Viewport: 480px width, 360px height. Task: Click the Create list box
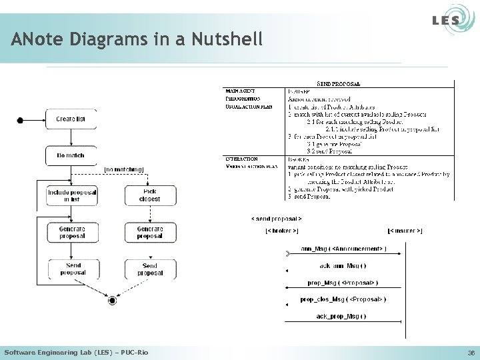click(71, 119)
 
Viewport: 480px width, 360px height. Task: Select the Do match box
click(71, 155)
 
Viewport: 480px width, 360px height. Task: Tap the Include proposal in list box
click(71, 195)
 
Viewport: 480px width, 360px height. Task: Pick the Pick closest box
click(149, 195)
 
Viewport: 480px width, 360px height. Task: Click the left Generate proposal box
click(71, 232)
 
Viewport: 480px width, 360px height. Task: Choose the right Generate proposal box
click(149, 232)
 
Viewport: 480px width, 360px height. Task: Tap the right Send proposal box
click(149, 269)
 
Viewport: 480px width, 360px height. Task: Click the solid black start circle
click(20, 120)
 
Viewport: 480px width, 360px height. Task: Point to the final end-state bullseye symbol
click(112, 301)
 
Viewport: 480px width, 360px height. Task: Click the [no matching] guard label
click(124, 169)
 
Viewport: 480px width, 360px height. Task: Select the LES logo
click(445, 21)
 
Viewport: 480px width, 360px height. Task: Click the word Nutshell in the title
click(227, 39)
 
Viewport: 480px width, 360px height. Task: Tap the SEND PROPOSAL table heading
click(339, 84)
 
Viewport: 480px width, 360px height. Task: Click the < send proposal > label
click(276, 218)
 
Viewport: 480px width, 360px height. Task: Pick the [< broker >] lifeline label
click(282, 231)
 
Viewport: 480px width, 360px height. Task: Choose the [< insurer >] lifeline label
click(405, 231)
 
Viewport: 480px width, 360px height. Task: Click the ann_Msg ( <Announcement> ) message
click(343, 249)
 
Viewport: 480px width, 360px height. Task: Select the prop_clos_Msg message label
click(343, 299)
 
